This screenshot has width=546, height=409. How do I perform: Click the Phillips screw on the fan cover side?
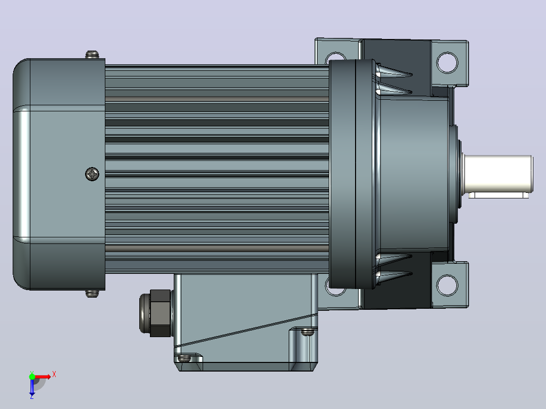tap(92, 174)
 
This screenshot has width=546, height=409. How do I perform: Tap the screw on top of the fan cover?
tap(92, 55)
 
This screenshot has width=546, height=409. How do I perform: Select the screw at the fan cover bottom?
tap(92, 294)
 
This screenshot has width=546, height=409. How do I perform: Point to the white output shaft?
tap(498, 173)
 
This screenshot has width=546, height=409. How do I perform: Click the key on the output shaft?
tap(498, 195)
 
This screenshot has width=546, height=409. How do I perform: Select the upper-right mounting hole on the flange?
tap(447, 63)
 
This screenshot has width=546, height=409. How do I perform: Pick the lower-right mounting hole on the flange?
tap(447, 285)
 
